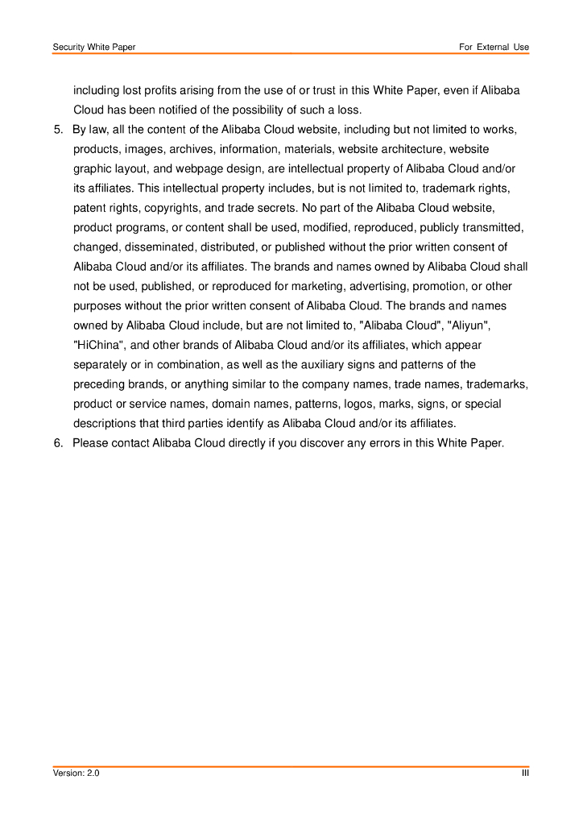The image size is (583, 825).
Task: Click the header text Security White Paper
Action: click(x=94, y=48)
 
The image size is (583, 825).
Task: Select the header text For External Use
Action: click(x=494, y=48)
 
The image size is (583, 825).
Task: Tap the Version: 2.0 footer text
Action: click(x=76, y=773)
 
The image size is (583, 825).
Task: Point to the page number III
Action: click(x=525, y=773)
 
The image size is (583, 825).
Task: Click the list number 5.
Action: click(x=58, y=130)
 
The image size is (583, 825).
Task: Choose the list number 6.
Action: click(x=58, y=443)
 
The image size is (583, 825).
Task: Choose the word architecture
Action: click(x=411, y=149)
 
